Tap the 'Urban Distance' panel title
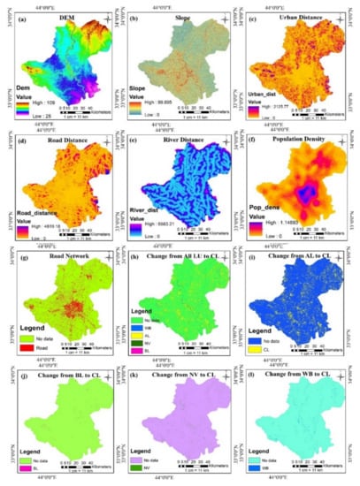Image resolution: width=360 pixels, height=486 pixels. click(298, 19)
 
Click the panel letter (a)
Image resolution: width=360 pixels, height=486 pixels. click(23, 19)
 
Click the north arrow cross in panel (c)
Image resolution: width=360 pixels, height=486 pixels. click(341, 18)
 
